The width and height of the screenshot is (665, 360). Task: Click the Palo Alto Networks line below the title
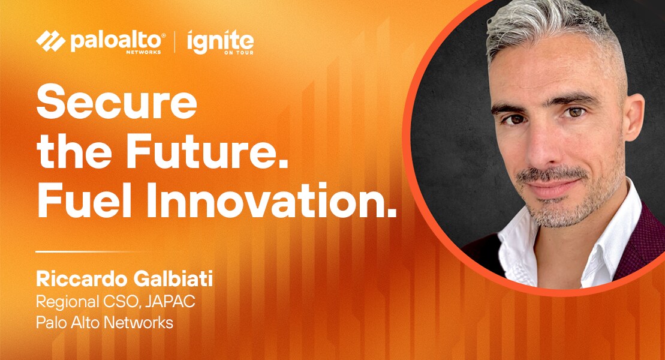(104, 323)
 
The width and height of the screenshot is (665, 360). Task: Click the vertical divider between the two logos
(175, 41)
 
